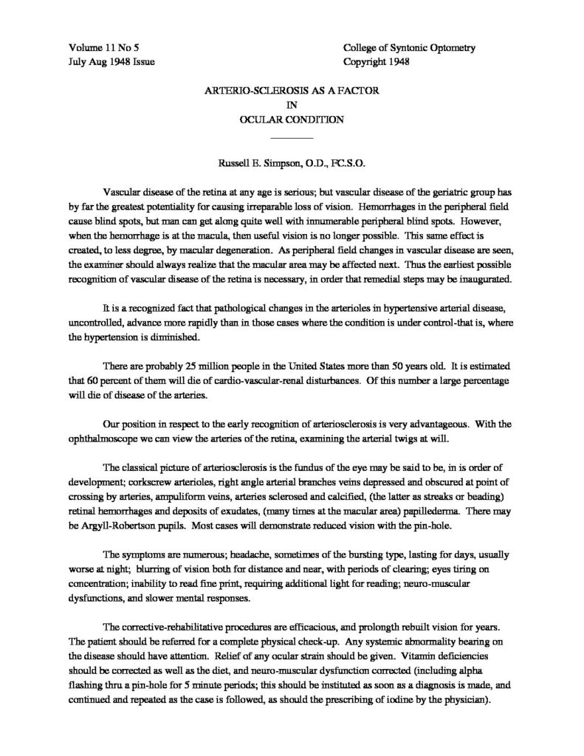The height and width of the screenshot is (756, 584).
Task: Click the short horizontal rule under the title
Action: click(292, 138)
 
